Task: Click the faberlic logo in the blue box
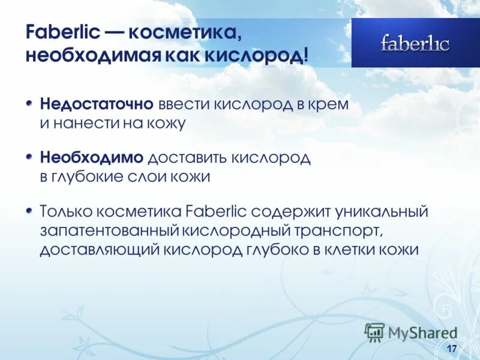pos(415,43)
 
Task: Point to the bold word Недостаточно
pos(97,104)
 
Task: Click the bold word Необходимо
pos(92,158)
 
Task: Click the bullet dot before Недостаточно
pos(31,103)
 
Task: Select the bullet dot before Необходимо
pos(31,157)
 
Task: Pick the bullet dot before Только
pos(31,211)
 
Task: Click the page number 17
pos(452,349)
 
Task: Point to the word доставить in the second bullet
pos(186,158)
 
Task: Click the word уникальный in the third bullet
pos(383,212)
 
